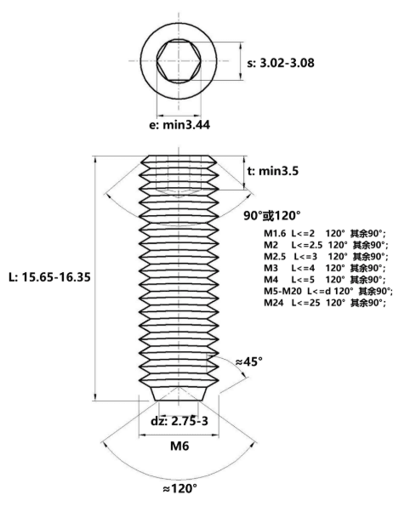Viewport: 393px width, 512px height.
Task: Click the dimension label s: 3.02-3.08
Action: [x=281, y=63]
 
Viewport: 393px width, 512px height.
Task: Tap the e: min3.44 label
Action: [x=179, y=125]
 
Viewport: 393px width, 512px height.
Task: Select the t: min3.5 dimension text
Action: [x=273, y=171]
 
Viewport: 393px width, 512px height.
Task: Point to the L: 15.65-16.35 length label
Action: [x=49, y=277]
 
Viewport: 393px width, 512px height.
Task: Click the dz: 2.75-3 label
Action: [x=179, y=421]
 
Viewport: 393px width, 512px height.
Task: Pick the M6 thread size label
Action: [x=179, y=446]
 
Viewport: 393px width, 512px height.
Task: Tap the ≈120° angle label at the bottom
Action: [x=180, y=488]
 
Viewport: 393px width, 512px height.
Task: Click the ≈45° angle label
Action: [x=249, y=361]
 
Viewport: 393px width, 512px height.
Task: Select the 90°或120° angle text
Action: [x=272, y=215]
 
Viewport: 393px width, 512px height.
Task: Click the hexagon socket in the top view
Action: [x=179, y=60]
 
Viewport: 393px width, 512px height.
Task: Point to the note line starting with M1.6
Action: [x=325, y=234]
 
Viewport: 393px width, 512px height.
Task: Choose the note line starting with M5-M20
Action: [x=328, y=291]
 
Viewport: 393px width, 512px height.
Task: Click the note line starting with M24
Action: [x=325, y=303]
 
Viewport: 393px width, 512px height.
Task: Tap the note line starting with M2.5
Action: [x=326, y=256]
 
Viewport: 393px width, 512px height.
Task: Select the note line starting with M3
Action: [x=325, y=268]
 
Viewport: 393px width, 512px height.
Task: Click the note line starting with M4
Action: [x=325, y=280]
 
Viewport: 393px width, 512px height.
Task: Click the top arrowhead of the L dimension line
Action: [x=95, y=159]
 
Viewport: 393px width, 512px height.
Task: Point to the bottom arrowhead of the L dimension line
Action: [x=95, y=397]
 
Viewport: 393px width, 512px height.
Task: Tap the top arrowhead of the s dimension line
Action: [x=241, y=45]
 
